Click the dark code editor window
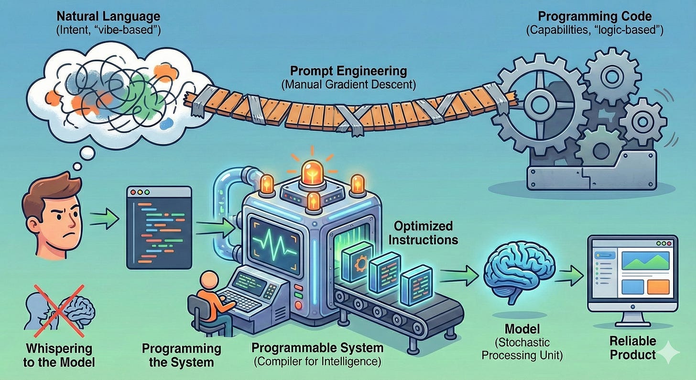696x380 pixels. (x=159, y=227)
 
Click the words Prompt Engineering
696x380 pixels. (x=348, y=72)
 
